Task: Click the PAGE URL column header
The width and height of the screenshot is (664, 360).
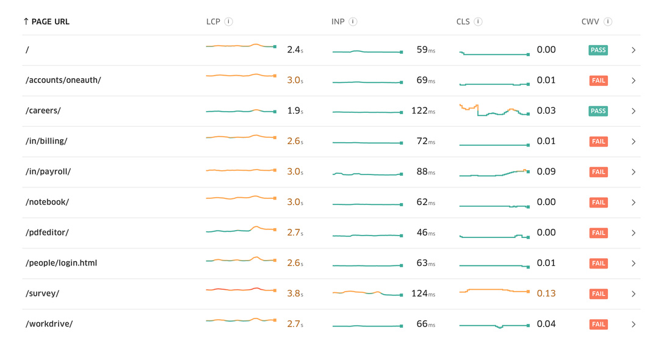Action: pos(46,21)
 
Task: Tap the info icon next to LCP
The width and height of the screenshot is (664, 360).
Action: pos(228,21)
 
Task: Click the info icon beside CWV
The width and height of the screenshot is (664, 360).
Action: pos(608,21)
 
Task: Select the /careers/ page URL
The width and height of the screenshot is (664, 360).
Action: pos(43,110)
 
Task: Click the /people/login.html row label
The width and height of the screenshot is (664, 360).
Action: pos(61,263)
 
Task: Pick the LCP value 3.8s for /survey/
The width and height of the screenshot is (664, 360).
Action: pos(295,293)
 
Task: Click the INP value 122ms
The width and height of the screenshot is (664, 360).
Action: pos(423,110)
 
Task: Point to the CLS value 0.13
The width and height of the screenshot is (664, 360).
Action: pos(546,293)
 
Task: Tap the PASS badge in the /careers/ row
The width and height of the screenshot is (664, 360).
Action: pos(598,111)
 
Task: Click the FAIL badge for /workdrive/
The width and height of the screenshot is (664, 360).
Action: pos(598,325)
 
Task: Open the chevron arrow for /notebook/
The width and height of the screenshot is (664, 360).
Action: pos(633,203)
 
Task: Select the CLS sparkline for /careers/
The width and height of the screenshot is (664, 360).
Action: pos(494,110)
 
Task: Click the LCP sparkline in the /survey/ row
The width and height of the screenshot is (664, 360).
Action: pos(241,289)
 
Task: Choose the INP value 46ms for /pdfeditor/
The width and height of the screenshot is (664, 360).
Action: pos(425,232)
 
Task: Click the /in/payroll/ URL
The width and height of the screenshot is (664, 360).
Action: pos(48,171)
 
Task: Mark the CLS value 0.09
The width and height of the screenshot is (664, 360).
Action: pos(546,171)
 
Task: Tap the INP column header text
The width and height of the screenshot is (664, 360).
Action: pos(338,21)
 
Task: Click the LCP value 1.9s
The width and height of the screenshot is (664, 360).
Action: pos(295,110)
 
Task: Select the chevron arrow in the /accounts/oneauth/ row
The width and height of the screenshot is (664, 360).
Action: pos(633,81)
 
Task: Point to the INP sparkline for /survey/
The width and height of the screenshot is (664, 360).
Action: pos(367,293)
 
